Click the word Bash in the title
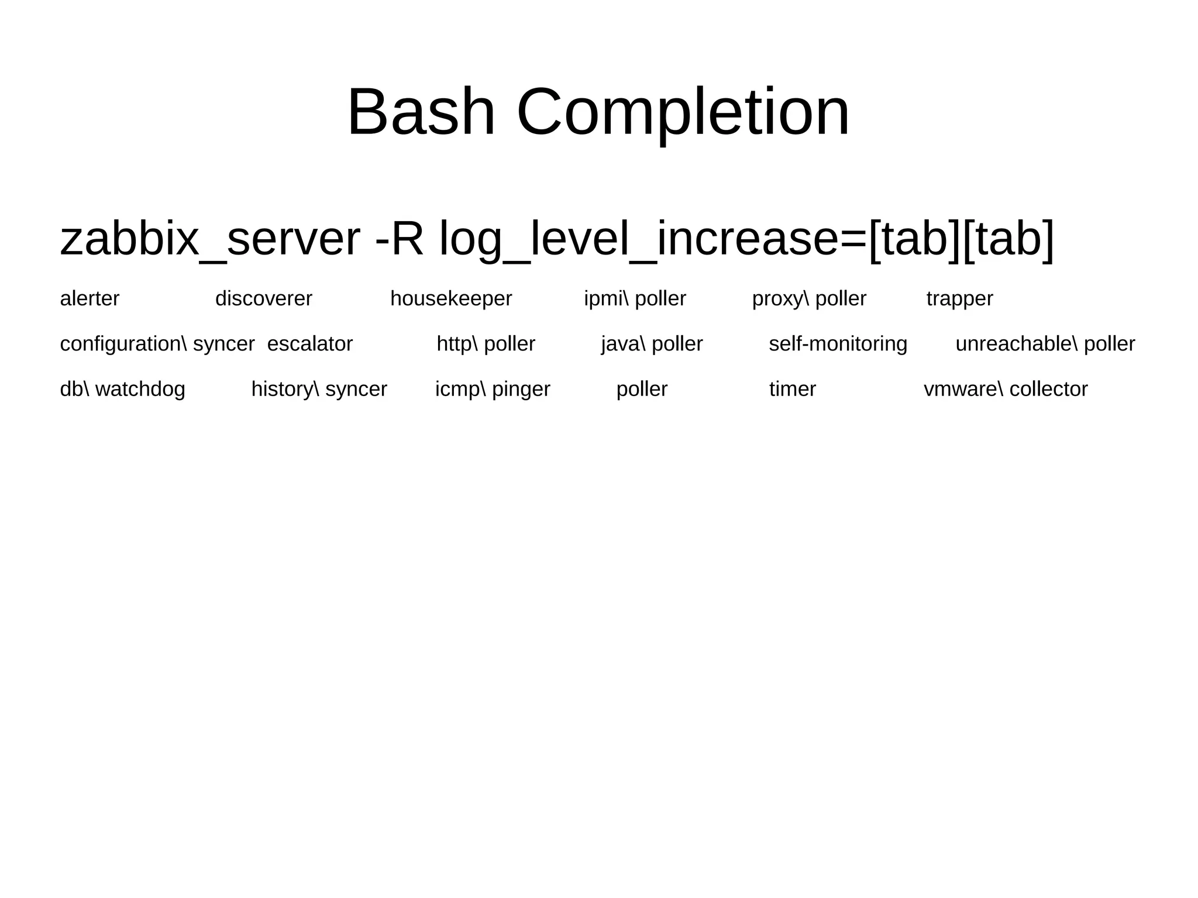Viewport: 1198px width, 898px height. coord(421,112)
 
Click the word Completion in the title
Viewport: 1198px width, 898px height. coord(683,112)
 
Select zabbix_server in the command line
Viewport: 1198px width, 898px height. coord(210,239)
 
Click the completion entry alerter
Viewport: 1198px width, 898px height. coord(89,299)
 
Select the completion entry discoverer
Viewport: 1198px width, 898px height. coord(264,299)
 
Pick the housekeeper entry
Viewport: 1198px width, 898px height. coord(451,299)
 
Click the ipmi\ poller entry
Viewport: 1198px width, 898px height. coord(635,299)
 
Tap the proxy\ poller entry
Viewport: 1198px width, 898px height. coord(809,299)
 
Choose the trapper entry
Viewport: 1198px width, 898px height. coord(959,299)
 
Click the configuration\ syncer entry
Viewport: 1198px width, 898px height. coord(157,344)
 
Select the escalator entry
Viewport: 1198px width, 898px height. coord(310,344)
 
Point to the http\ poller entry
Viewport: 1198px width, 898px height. coord(486,344)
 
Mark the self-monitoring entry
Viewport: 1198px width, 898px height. coord(838,344)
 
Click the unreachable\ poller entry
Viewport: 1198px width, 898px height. coord(1045,344)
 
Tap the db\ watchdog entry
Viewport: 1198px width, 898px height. coord(122,389)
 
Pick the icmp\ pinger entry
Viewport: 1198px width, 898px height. coord(493,389)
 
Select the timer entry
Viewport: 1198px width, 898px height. coord(792,389)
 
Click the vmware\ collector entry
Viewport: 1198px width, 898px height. coord(1006,389)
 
